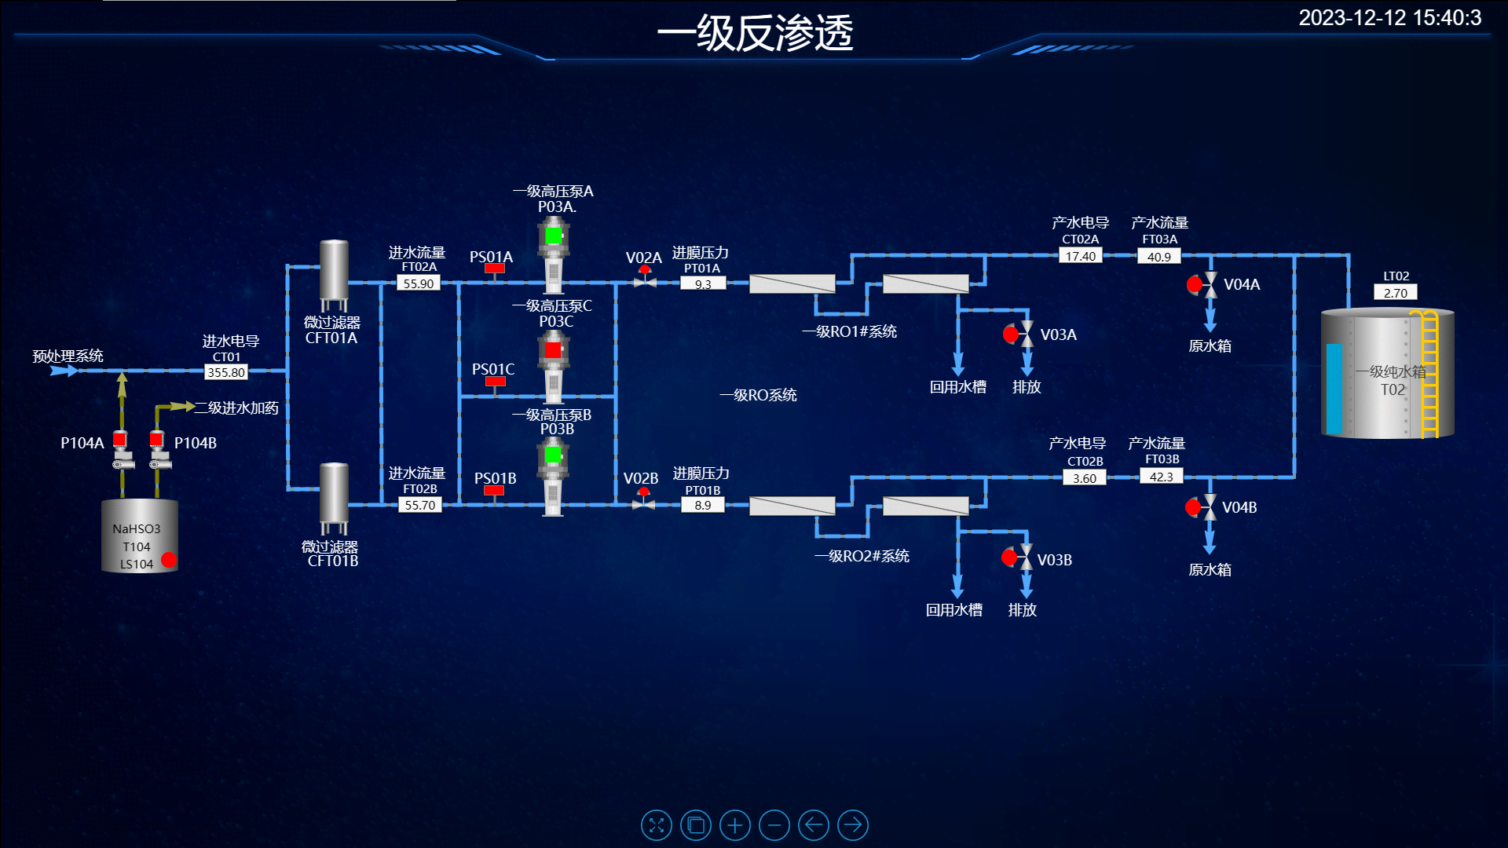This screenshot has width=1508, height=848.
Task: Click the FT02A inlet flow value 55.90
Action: pos(418,283)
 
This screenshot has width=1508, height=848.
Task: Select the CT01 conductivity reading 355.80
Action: pos(226,372)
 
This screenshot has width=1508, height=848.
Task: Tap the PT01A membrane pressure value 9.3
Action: pos(703,283)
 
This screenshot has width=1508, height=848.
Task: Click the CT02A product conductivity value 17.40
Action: pos(1081,256)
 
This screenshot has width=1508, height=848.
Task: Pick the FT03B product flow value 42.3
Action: pos(1161,477)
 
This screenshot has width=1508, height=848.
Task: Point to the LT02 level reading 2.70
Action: pos(1396,293)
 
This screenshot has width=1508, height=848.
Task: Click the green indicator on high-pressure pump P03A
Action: pos(554,235)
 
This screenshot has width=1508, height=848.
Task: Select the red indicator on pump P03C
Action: pos(553,349)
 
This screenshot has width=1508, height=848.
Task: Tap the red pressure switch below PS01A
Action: pos(494,269)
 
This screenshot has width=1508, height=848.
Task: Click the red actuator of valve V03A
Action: pos(1011,334)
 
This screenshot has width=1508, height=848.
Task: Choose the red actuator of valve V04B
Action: pos(1193,508)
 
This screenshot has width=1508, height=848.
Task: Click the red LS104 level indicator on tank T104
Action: pos(169,560)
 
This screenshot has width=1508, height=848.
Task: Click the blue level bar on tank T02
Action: pos(1334,389)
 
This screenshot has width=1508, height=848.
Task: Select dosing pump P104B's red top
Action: pos(157,438)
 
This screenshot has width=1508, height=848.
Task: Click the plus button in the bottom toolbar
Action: pos(735,825)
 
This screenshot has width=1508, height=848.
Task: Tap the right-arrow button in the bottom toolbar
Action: pos(853,825)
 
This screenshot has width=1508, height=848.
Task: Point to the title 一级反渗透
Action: pos(755,34)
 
